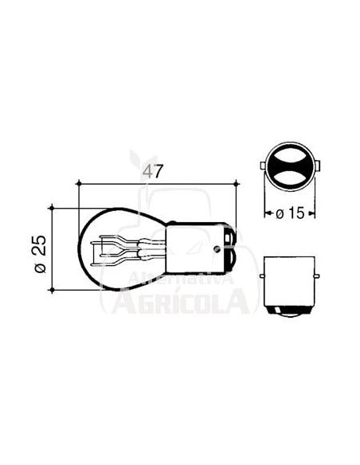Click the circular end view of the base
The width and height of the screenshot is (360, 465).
point(290,167)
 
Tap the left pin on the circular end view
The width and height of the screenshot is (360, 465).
point(264,167)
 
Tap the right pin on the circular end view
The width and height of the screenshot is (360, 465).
point(317,167)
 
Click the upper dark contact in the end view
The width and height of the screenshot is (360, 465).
point(290,154)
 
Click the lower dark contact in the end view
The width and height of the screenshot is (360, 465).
point(290,181)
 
